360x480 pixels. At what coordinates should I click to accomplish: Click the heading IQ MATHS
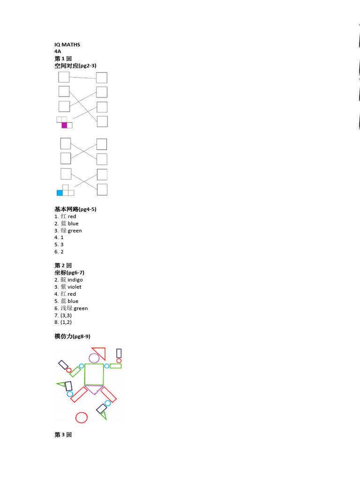[67, 45]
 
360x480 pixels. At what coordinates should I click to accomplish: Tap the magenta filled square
[64, 125]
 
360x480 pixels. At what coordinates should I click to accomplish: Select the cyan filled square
[60, 193]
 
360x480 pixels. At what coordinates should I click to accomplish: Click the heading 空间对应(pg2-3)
[75, 66]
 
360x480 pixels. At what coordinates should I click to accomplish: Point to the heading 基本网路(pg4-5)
[75, 209]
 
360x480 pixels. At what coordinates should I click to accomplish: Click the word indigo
[75, 280]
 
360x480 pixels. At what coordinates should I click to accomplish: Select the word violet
[74, 287]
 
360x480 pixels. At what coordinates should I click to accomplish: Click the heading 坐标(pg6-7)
[69, 272]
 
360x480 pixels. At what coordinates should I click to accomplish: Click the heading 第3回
[63, 435]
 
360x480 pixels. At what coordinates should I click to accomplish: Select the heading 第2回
[63, 265]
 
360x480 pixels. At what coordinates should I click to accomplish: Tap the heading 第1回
[63, 59]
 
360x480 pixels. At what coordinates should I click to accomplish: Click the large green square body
[94, 375]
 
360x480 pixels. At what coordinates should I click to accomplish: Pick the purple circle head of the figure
[94, 358]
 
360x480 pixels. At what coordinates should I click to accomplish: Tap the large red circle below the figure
[82, 417]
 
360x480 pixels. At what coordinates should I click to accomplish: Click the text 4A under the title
[58, 52]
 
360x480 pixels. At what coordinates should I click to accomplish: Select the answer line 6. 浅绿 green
[71, 308]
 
